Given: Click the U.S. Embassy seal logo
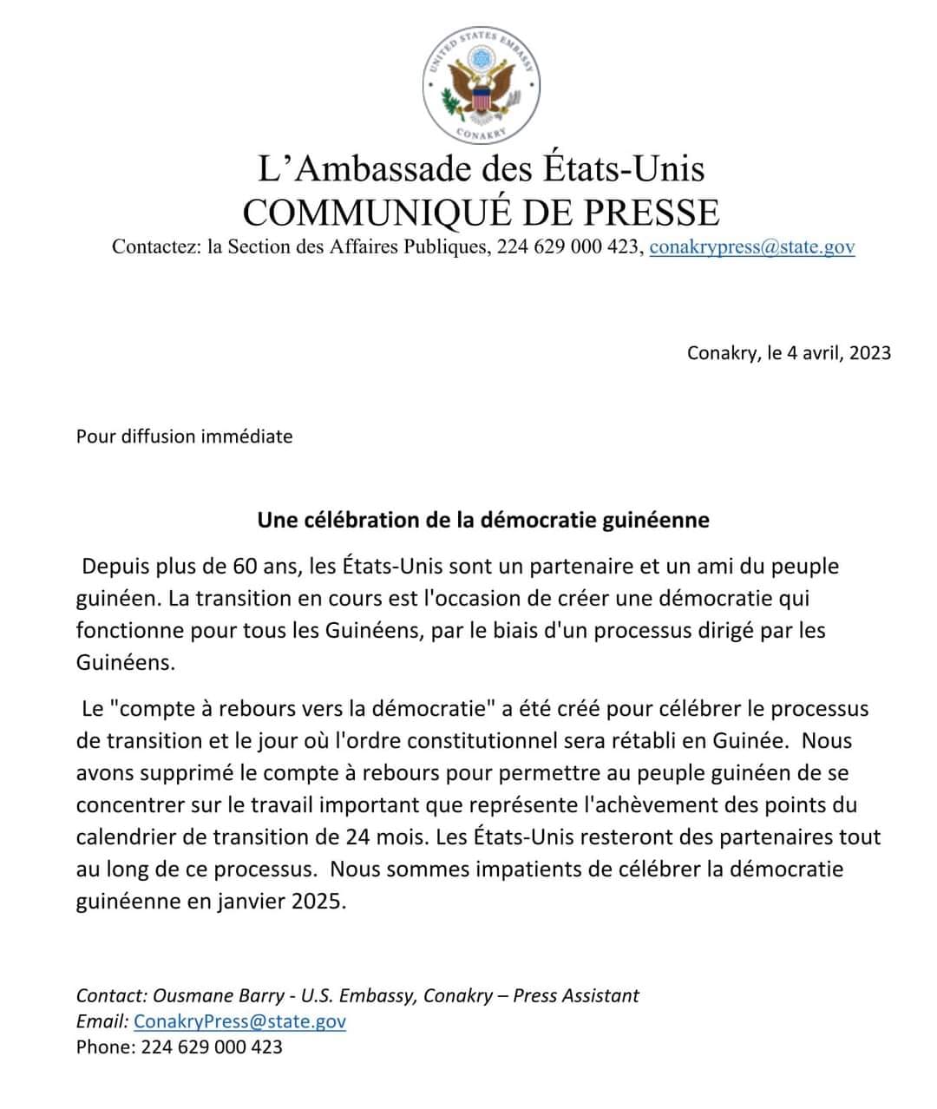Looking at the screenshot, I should (482, 85).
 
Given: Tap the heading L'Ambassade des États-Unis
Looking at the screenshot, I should (481, 168).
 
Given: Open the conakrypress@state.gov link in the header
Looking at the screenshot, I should (751, 247).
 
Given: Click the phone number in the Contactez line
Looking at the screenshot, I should (567, 247).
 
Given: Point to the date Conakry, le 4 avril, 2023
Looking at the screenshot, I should (789, 353).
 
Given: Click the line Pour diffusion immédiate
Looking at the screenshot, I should (184, 436).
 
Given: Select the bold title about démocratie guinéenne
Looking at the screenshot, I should (482, 521).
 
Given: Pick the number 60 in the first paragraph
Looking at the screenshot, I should (245, 567).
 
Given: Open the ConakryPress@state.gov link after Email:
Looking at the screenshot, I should (239, 1021).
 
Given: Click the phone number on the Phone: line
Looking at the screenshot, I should (212, 1047).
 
